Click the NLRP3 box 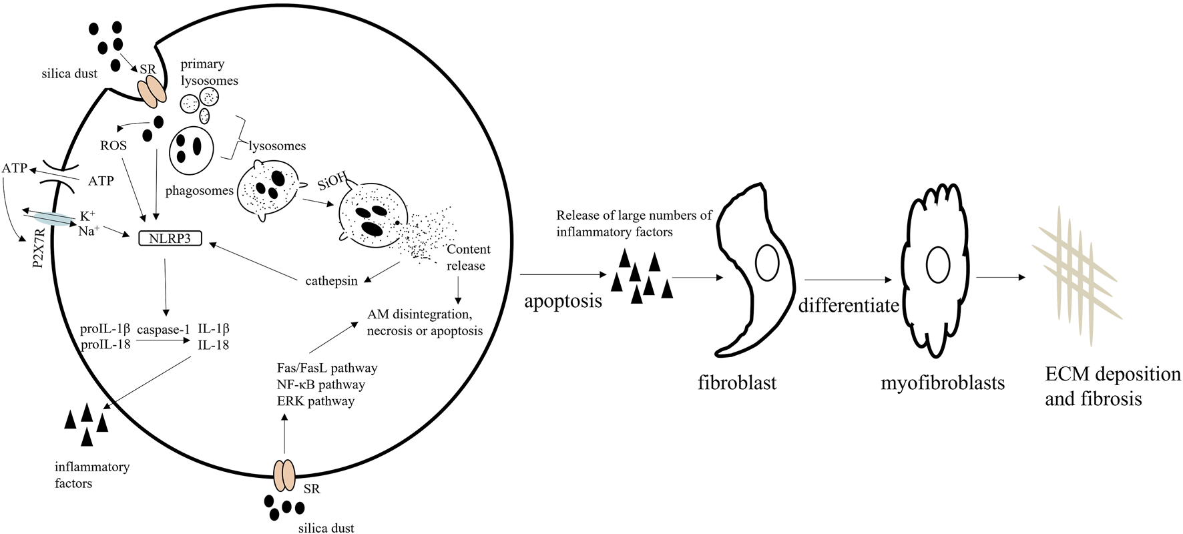(169, 237)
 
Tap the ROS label (113, 145)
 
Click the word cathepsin (331, 280)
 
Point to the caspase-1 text (164, 329)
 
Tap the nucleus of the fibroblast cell (767, 262)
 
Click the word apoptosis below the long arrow (563, 300)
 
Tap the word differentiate (849, 306)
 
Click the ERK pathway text (315, 401)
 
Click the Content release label (467, 257)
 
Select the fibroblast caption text (737, 384)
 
